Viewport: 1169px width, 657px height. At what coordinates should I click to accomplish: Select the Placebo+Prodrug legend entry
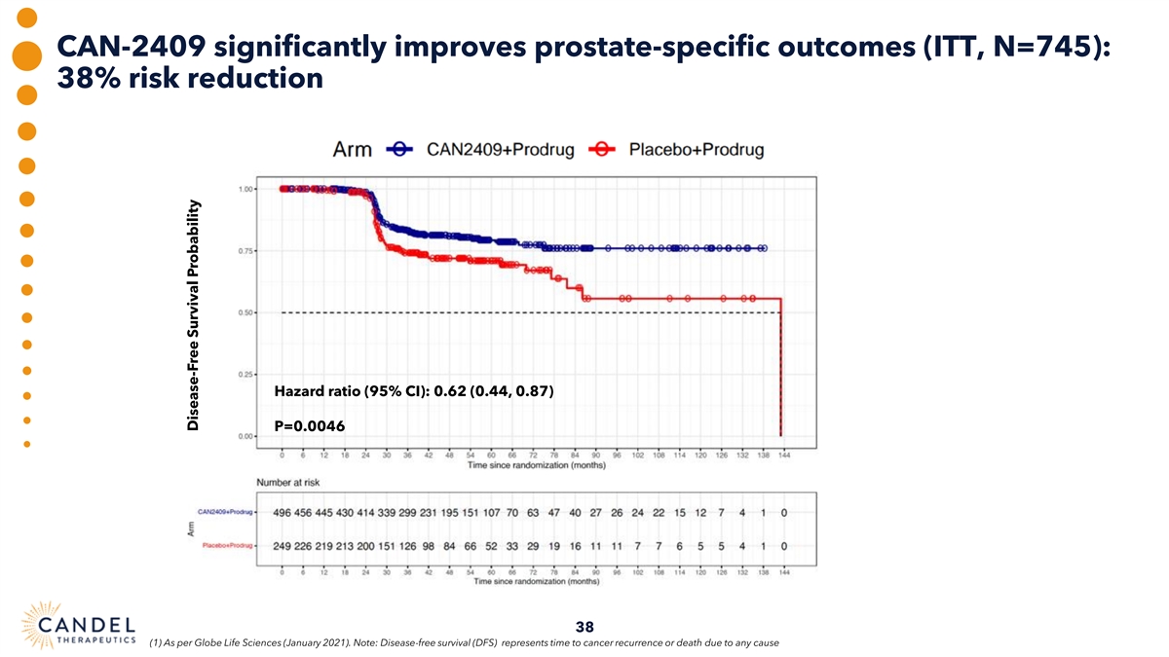(x=696, y=150)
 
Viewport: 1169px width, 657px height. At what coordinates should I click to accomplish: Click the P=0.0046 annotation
(x=311, y=425)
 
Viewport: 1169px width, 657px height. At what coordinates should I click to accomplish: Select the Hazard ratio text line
(x=415, y=392)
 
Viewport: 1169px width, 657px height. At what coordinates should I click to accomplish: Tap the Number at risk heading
(x=288, y=482)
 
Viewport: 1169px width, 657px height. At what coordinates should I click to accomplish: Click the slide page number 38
(x=584, y=626)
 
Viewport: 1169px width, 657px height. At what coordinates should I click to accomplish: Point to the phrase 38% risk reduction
(x=190, y=79)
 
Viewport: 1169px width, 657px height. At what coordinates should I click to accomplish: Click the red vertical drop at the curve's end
(x=781, y=370)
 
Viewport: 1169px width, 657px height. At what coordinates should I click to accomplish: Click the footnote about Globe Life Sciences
(x=463, y=643)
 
